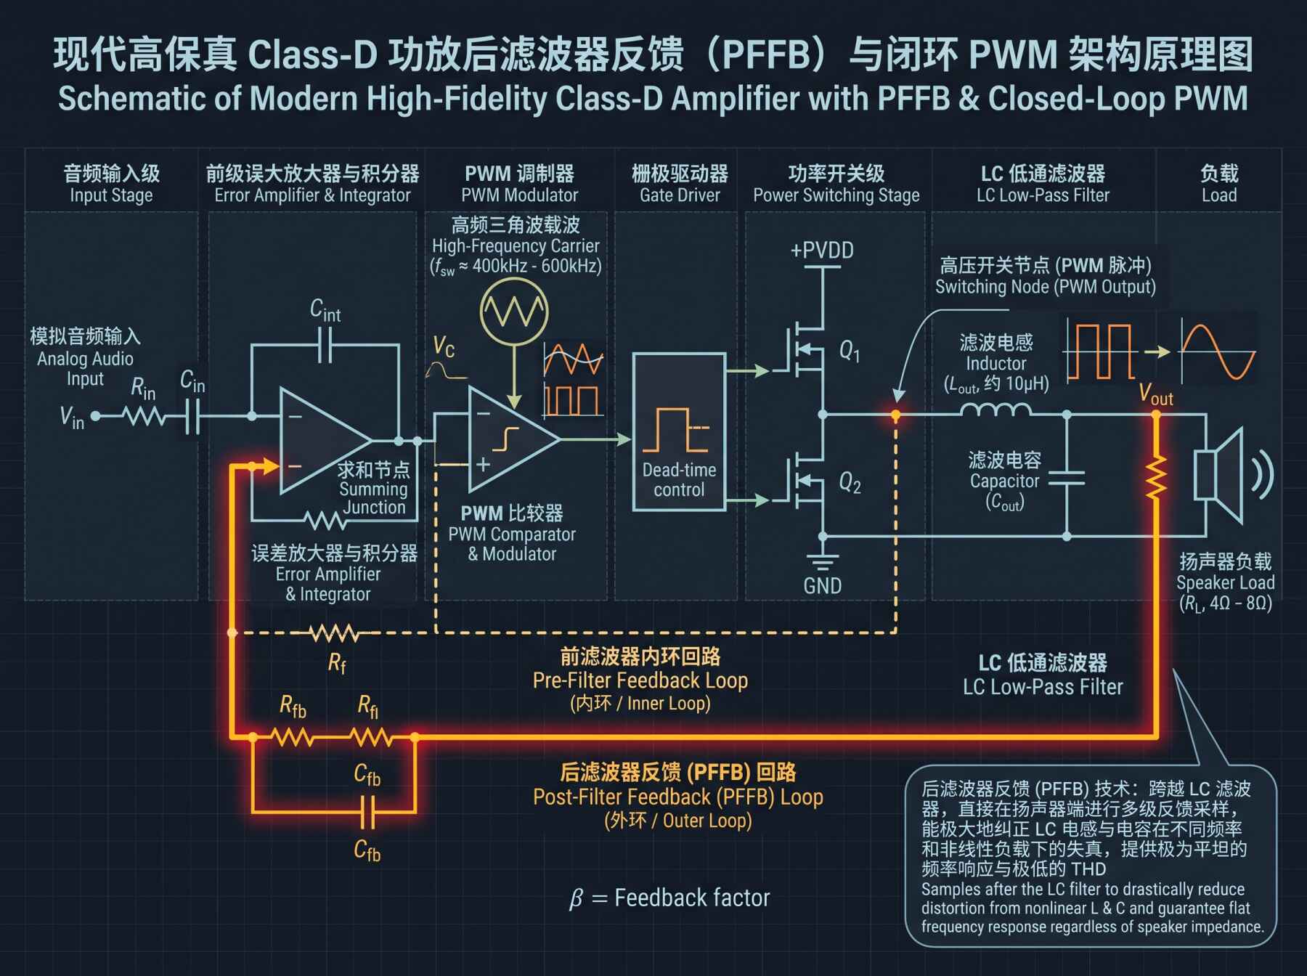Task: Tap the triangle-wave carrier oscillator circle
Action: coord(514,312)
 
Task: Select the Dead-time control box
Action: coord(679,432)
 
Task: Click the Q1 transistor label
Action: coord(850,352)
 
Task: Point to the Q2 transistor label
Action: coord(850,482)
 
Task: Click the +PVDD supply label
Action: coord(822,251)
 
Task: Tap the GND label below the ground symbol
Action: coord(823,585)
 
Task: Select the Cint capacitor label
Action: coord(325,310)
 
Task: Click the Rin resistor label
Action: coord(143,389)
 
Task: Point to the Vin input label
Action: coord(72,418)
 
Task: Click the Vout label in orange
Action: coord(1156,394)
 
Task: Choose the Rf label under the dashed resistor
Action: coord(337,663)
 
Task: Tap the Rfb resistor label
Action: coord(293,706)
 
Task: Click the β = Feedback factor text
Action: coord(669,898)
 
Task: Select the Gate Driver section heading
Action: coord(680,184)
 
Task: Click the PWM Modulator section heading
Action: coord(519,184)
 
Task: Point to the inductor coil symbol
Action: coord(995,410)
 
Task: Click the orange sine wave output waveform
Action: coord(1218,352)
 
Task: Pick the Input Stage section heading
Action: coord(111,184)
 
